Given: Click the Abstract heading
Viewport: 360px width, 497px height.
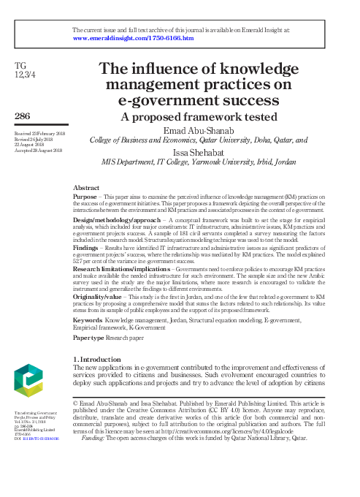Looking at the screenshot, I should pos(87,188).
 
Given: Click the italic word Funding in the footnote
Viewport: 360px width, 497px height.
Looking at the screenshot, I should pos(94,437).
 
